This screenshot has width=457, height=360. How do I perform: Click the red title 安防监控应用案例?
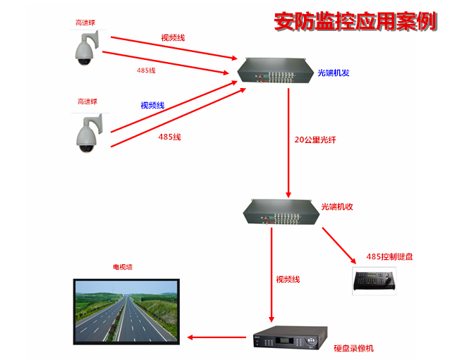click(355, 21)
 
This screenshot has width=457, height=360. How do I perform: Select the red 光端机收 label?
click(336, 206)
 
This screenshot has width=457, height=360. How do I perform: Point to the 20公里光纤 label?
click(315, 139)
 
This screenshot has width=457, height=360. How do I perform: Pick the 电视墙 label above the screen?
click(122, 268)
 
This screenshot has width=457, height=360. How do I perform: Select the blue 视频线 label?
click(152, 105)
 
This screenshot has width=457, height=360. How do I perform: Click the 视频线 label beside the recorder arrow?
click(288, 280)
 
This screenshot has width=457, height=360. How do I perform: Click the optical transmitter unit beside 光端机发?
click(273, 71)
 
